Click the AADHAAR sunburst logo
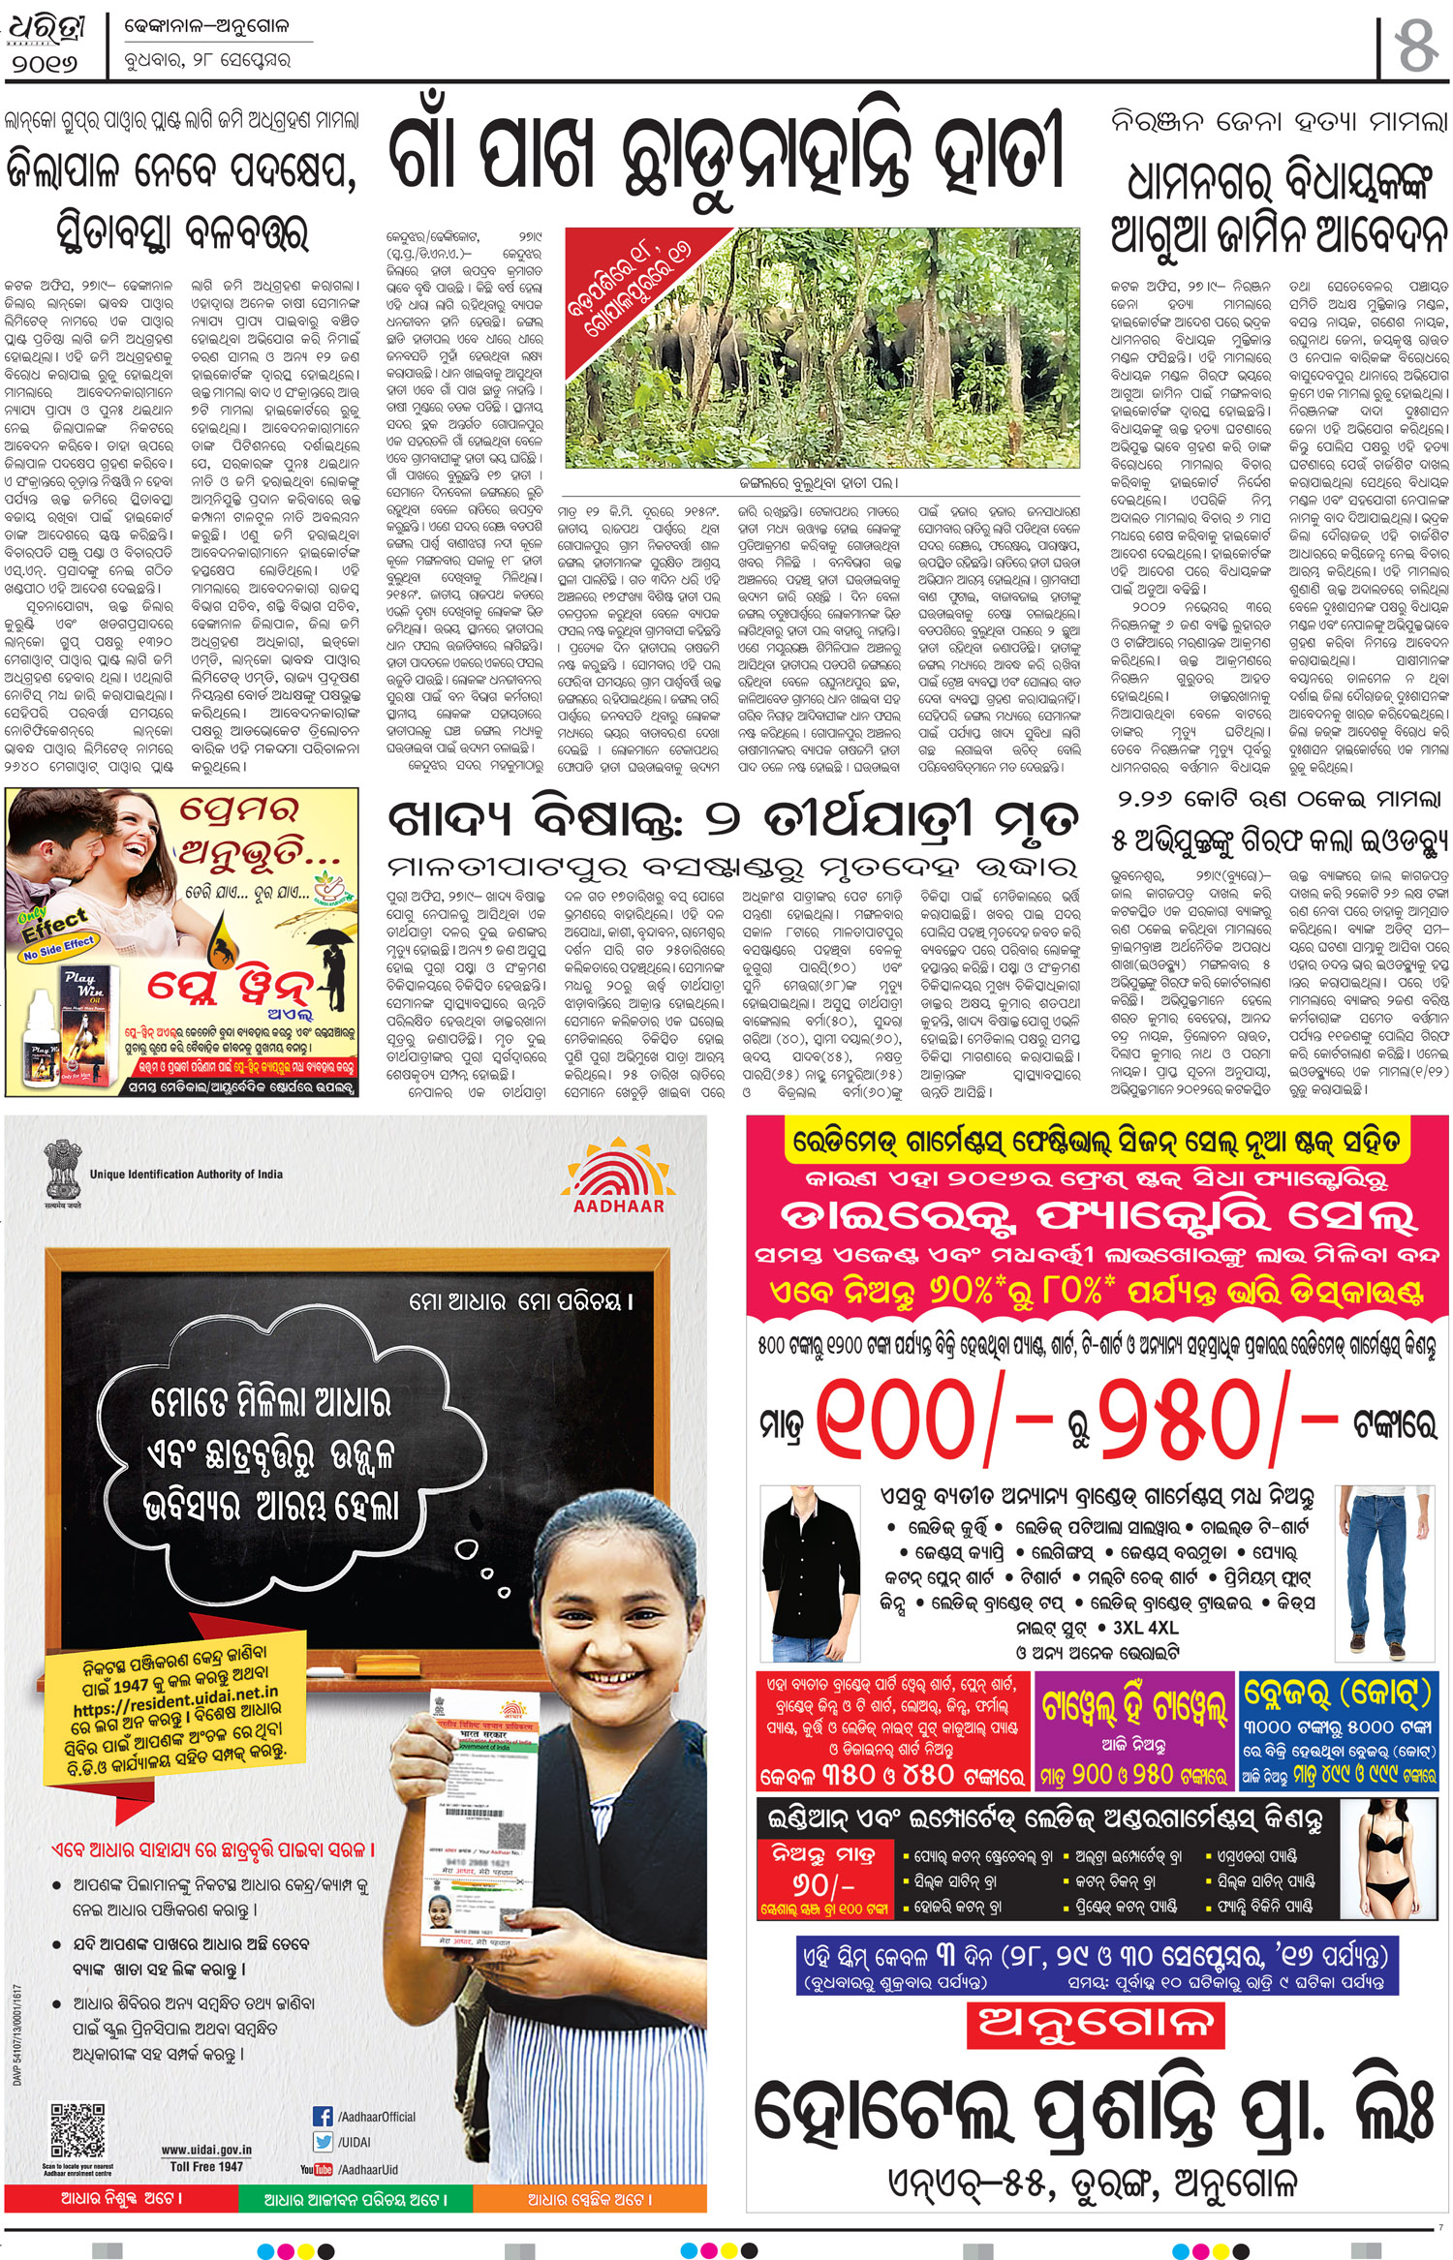tap(618, 1175)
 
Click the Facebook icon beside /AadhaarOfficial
tap(323, 2117)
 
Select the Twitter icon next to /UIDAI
tap(323, 2142)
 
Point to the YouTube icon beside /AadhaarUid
tap(317, 2169)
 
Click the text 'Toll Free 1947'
tap(206, 2166)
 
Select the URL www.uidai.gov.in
tap(206, 2149)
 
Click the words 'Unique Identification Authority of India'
tap(186, 1175)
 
